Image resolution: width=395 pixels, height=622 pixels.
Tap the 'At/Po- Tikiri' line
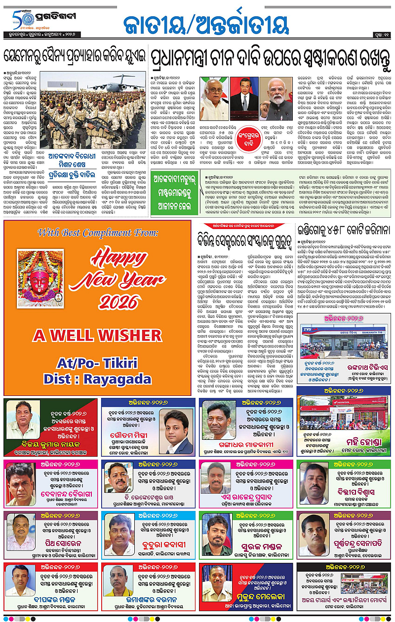[x=97, y=363]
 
